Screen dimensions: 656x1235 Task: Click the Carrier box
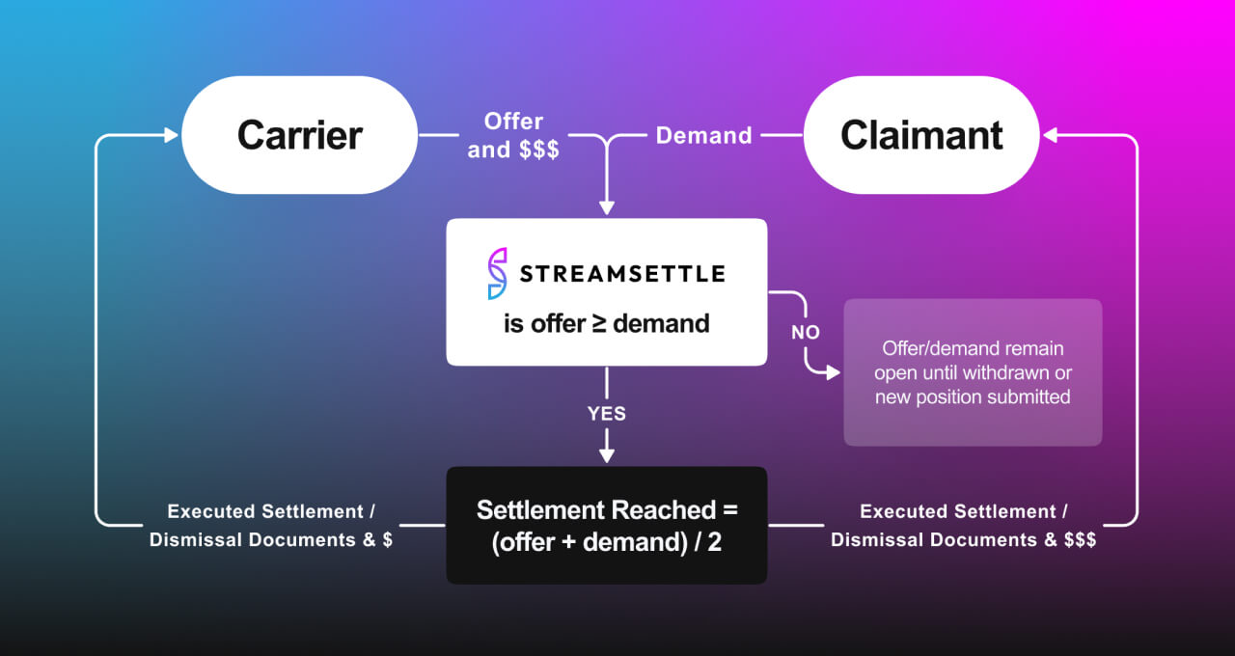(x=299, y=135)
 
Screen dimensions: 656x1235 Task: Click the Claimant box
(x=921, y=135)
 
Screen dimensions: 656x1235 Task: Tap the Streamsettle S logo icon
(x=497, y=273)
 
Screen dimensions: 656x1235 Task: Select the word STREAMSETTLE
(x=622, y=274)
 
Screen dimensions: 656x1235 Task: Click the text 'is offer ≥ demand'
(x=606, y=323)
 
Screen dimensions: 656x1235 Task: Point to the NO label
(x=806, y=332)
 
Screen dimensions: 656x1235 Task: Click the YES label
(x=607, y=414)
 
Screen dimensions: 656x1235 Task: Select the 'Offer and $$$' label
(x=513, y=135)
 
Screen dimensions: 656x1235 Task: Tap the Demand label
(x=703, y=136)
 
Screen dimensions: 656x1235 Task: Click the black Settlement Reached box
(x=606, y=525)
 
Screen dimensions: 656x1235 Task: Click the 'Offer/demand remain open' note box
(x=973, y=372)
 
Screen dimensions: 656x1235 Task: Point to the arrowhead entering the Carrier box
(x=173, y=136)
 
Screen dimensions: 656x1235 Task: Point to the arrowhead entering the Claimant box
(x=1049, y=136)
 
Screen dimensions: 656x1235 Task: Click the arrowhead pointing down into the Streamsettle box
(x=606, y=207)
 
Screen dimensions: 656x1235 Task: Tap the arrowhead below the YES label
(x=606, y=454)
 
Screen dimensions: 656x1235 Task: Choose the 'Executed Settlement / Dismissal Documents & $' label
(x=270, y=526)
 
